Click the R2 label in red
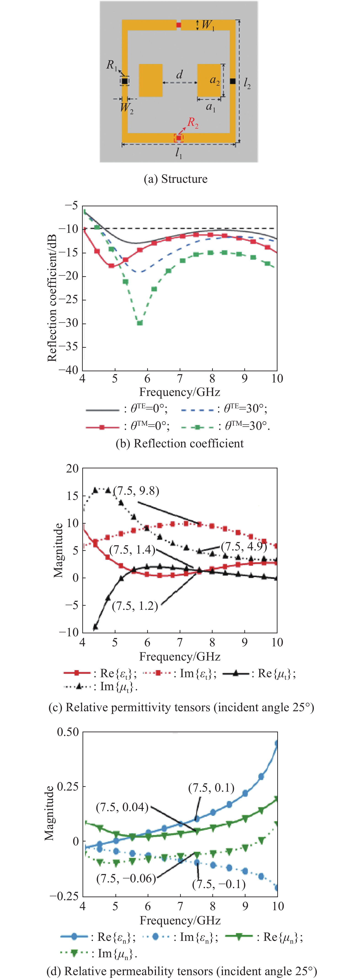[x=193, y=123]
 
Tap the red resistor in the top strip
[x=179, y=25]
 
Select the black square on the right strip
[x=233, y=81]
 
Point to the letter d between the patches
[x=179, y=74]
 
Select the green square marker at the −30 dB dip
[x=139, y=323]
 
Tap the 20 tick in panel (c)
[x=72, y=469]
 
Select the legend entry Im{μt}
[x=101, y=687]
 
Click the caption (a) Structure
[x=175, y=179]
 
